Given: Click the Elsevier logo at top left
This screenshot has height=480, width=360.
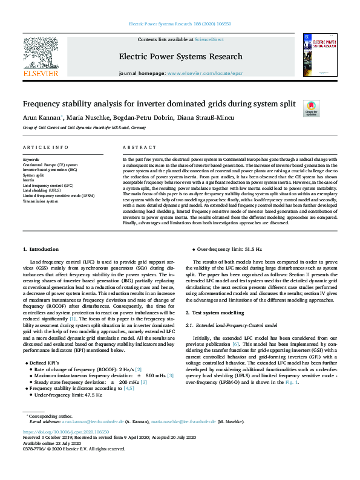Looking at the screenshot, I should pyautogui.click(x=41, y=56).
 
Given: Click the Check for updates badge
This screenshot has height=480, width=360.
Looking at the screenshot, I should pyautogui.click(x=311, y=108).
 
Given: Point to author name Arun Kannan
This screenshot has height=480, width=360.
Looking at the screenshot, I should pyautogui.click(x=42, y=117).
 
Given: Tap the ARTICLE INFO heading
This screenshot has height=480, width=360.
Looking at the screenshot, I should pyautogui.click(x=46, y=148).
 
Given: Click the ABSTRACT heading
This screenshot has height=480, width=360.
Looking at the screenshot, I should pyautogui.click(x=140, y=148).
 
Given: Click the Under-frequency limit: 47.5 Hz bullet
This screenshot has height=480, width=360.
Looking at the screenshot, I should pyautogui.click(x=68, y=395).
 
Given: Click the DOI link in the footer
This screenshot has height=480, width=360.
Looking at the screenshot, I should pyautogui.click(x=66, y=432).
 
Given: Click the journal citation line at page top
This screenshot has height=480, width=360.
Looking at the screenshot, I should pyautogui.click(x=180, y=24).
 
